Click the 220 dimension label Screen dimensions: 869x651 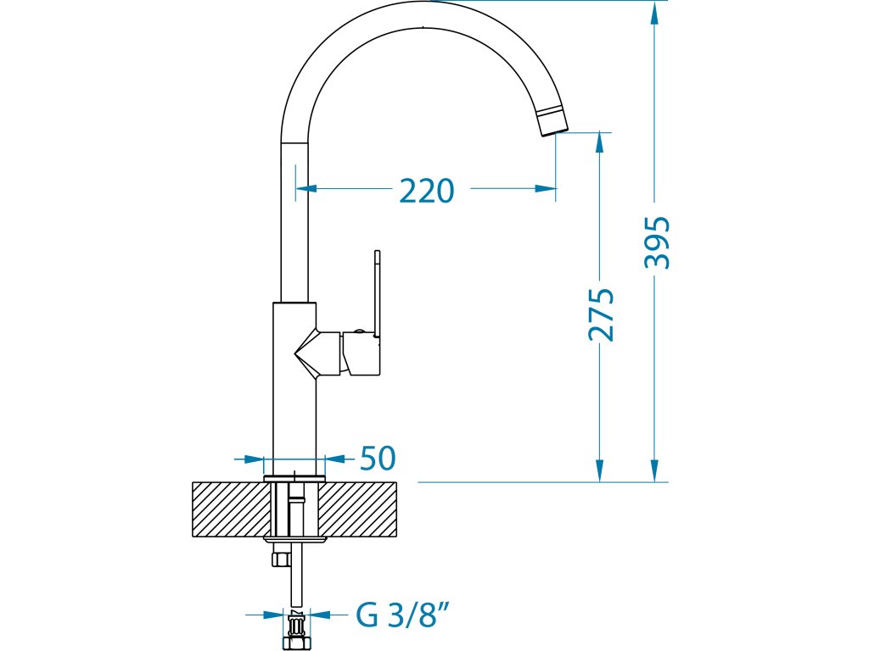[x=427, y=191]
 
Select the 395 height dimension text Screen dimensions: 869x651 [x=658, y=242]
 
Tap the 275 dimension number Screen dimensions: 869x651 [x=602, y=314]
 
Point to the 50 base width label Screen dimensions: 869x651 [x=378, y=458]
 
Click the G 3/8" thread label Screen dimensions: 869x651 [x=402, y=615]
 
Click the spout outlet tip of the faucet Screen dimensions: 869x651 [x=552, y=122]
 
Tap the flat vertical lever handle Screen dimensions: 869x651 [x=378, y=293]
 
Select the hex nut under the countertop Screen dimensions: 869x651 [x=280, y=557]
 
